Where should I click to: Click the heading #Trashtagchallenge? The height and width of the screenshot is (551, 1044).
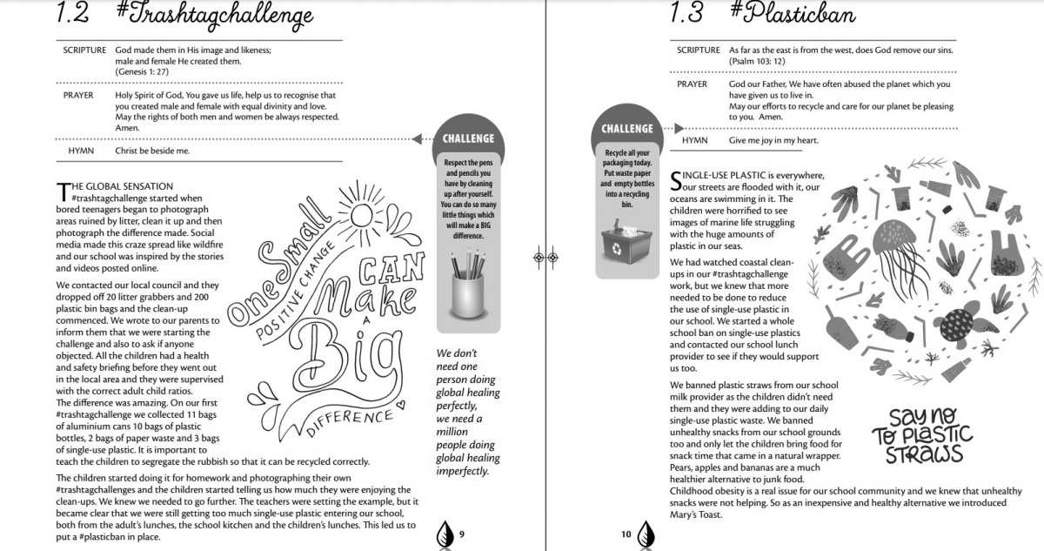213,16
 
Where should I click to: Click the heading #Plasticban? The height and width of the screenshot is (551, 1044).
793,16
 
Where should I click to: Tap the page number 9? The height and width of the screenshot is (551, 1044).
461,534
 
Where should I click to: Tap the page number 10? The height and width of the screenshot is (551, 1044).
626,534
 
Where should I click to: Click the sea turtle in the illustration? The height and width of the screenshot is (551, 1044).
960,326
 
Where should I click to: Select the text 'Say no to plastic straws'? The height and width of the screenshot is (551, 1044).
922,435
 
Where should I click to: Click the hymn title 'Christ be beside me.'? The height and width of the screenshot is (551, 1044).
152,151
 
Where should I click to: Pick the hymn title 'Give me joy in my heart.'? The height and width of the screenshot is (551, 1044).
773,140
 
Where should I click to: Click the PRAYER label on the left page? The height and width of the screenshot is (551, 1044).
79,95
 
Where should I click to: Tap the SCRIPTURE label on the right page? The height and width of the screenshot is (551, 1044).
699,50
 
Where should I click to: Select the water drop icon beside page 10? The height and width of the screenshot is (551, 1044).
646,532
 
